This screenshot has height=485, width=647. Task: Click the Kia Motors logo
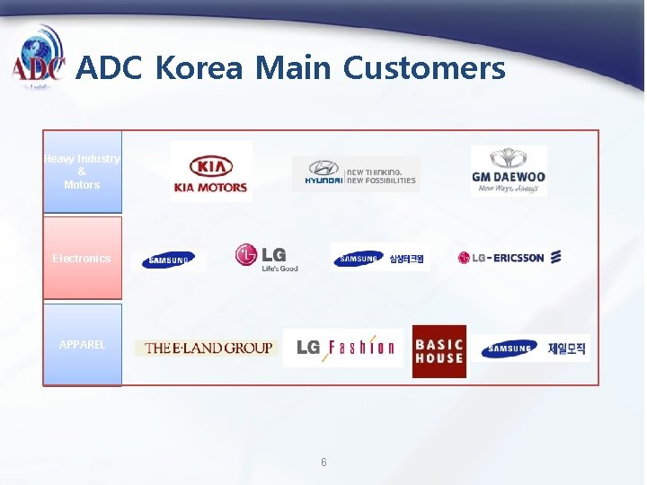[211, 172]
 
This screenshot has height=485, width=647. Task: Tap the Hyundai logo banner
[356, 173]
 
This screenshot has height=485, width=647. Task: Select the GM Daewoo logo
[509, 171]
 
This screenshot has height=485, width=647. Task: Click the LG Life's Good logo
[266, 258]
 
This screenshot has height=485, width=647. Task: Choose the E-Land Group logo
[208, 348]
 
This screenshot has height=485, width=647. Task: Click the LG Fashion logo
[343, 348]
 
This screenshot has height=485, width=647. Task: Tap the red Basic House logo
[439, 351]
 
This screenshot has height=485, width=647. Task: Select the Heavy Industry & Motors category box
[82, 172]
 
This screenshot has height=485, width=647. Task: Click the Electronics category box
[82, 258]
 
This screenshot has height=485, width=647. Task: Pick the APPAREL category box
[82, 345]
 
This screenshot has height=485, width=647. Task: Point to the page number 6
[323, 463]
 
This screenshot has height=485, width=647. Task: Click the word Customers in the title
[424, 67]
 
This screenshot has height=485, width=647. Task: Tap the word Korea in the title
[199, 67]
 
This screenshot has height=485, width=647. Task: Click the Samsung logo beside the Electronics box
[168, 260]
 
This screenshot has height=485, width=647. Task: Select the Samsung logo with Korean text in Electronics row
[380, 259]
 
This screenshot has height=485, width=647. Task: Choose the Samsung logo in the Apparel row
[534, 348]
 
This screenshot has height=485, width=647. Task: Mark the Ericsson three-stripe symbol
[556, 257]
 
